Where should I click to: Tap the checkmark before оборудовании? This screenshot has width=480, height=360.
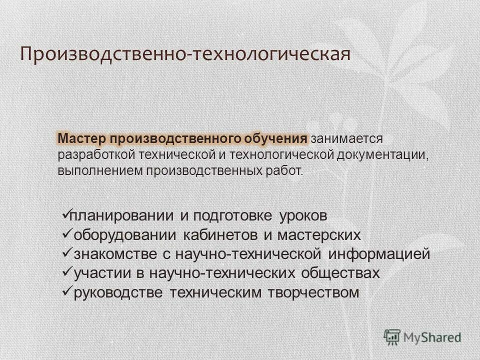(65, 234)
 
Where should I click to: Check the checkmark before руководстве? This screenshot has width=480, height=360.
(65, 291)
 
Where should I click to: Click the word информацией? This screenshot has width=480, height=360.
(379, 253)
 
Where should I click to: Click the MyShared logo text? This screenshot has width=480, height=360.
(433, 337)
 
